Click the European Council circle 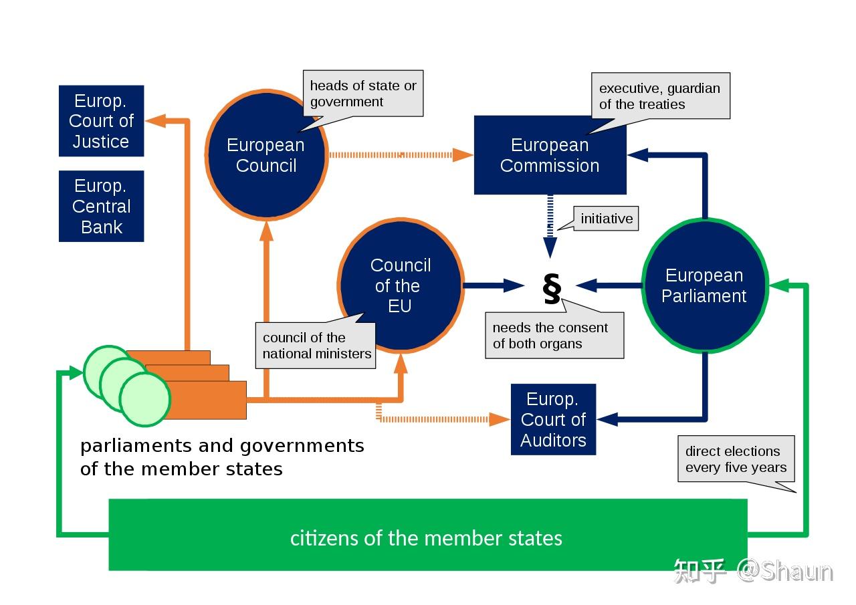click(266, 155)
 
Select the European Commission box click(550, 155)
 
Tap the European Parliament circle click(704, 285)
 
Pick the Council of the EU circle click(400, 285)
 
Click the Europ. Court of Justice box click(101, 121)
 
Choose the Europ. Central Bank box click(101, 206)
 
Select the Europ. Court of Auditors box click(553, 419)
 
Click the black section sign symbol click(552, 288)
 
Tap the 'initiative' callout click(607, 219)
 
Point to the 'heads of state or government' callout click(363, 94)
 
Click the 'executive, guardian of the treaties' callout click(659, 96)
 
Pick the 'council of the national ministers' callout click(316, 346)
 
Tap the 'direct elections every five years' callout click(736, 459)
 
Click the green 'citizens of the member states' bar click(427, 537)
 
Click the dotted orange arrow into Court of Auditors click(441, 419)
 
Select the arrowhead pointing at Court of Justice click(156, 121)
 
